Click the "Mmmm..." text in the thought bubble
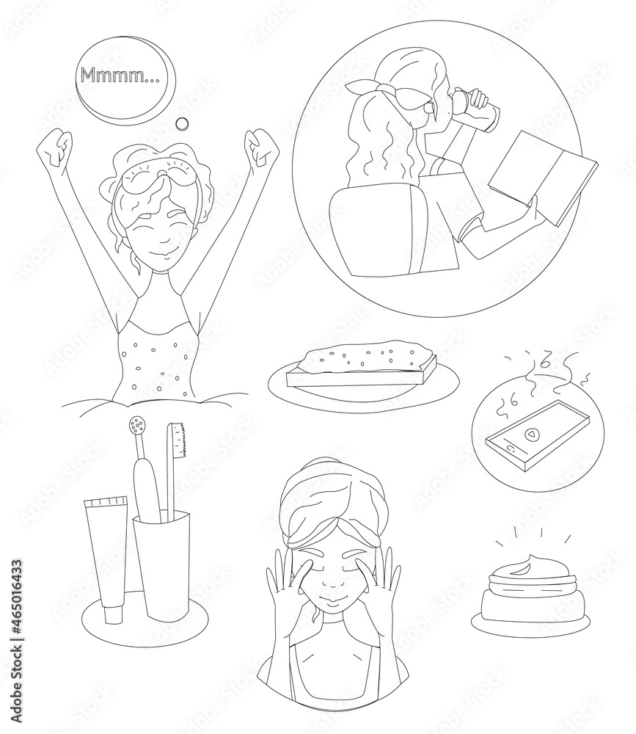[120, 75]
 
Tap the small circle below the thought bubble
[182, 123]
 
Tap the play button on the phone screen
[530, 434]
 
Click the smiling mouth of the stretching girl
[163, 242]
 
